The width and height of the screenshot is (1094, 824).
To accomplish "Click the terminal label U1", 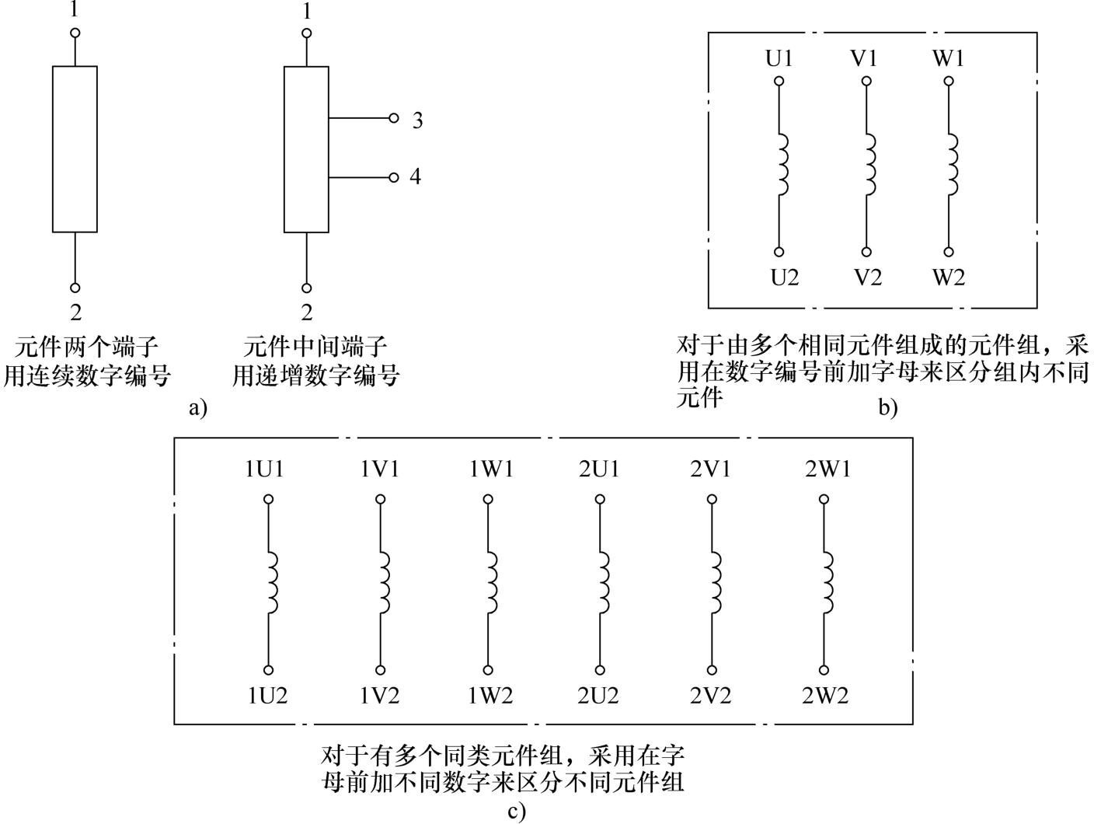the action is point(779,59).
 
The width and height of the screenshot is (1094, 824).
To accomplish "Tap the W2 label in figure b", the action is point(949,278).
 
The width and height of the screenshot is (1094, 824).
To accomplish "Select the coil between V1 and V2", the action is point(869,165).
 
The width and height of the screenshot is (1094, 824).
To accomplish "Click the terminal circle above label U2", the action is point(779,252).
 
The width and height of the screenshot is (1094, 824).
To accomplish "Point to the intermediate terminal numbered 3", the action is point(394,118).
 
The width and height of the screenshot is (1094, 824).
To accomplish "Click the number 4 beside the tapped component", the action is point(415,176).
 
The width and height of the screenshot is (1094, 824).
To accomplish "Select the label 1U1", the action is point(264,469).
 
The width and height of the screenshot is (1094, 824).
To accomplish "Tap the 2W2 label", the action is point(825,696).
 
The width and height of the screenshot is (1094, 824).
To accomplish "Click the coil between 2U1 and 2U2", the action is point(603,582).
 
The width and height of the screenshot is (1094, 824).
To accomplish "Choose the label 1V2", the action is point(379,696).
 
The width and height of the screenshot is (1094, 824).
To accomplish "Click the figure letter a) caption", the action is point(198,408).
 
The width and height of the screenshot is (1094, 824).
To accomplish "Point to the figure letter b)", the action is point(887,408).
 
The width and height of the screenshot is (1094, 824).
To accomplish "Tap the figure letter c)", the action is point(517,812).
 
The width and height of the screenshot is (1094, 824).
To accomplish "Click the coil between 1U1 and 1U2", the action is point(272,582).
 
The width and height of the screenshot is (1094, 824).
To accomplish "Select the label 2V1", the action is point(710,469).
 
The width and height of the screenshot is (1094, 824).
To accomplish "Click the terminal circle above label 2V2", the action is point(712,670).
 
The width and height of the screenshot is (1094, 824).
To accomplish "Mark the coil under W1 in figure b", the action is point(952,165).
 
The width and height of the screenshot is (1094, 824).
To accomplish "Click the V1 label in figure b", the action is point(863,59).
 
